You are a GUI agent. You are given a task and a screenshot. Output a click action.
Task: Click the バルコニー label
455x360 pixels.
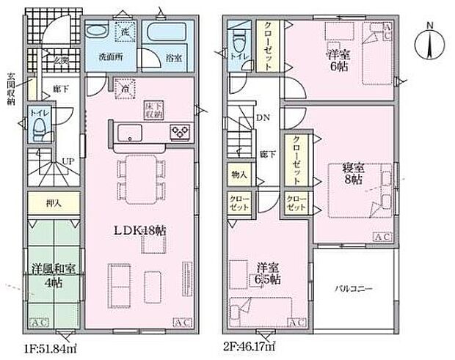coord(354,288)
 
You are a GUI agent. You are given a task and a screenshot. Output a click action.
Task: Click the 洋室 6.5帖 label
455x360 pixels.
coord(265,273)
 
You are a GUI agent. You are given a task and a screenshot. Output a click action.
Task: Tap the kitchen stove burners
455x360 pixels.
coord(181,132)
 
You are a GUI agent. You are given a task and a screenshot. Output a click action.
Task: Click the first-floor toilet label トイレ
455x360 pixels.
coord(38,114)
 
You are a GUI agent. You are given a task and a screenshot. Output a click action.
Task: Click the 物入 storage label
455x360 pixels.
coord(239,175)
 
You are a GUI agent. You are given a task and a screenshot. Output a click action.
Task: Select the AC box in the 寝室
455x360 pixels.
coord(382,237)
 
